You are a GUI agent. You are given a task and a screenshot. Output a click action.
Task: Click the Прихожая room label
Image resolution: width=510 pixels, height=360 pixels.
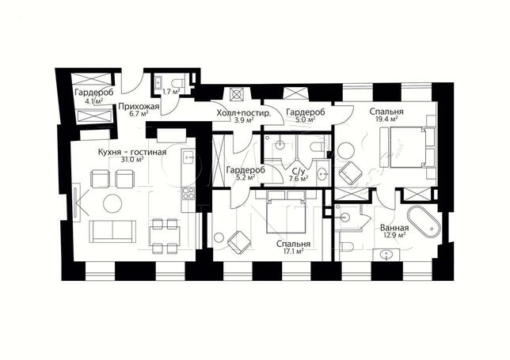139,107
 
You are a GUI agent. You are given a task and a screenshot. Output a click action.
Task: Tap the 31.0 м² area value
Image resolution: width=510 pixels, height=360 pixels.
132,159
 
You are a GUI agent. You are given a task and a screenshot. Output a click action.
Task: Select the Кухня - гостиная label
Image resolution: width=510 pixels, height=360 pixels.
132,152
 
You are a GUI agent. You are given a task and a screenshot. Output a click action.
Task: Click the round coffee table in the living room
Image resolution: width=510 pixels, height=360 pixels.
112,203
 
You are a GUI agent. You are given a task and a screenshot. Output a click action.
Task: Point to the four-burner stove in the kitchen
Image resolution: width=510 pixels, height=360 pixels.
188,193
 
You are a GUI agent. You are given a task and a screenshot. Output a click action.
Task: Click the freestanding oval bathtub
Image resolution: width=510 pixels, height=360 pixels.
423,221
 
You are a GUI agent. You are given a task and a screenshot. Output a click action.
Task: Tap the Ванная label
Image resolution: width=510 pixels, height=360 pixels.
394,228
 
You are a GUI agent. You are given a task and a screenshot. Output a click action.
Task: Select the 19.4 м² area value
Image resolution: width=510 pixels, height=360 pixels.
386,119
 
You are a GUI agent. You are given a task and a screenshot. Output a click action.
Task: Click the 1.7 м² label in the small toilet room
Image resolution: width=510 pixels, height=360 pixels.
171,92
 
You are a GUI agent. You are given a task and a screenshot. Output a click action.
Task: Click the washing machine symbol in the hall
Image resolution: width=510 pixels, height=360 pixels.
236,94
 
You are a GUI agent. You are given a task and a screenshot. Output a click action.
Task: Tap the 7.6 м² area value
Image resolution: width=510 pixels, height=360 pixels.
299,178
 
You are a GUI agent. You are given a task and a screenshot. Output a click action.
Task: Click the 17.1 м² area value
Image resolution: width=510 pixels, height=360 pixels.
293,251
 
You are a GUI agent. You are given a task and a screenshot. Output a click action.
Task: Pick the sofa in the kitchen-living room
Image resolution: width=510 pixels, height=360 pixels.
112,231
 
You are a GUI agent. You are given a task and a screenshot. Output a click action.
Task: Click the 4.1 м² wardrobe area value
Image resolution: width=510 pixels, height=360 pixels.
94,100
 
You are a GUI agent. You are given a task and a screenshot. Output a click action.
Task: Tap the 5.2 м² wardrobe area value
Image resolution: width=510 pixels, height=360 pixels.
245,177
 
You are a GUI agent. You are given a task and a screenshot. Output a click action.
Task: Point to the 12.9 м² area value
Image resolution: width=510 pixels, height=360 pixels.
394,234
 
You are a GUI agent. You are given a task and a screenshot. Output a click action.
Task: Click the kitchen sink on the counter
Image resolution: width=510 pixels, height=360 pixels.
188,157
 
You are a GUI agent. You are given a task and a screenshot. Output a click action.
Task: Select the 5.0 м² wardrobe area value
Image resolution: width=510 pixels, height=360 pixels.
306,119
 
